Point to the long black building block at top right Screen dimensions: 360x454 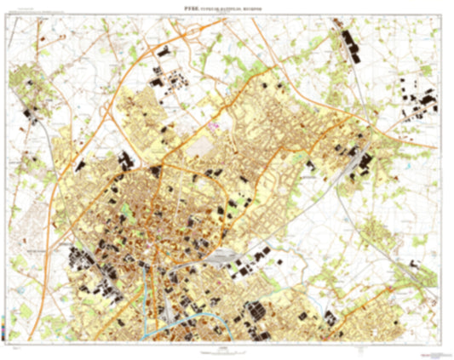[x=350, y=43]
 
